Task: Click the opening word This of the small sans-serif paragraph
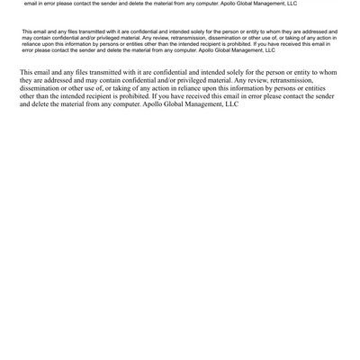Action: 27,31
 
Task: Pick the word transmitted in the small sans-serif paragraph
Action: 89,31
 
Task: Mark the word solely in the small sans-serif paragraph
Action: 203,31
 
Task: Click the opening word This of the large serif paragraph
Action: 28,72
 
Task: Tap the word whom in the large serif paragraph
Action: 328,72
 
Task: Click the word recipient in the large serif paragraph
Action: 109,96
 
